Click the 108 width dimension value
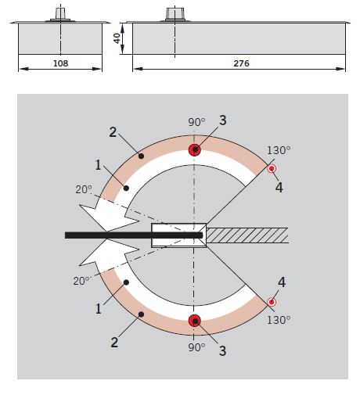coord(60,63)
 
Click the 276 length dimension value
coord(241,63)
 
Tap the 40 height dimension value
coord(117,38)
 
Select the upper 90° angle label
coord(196,122)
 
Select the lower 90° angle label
coord(196,347)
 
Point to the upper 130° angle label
coord(279,150)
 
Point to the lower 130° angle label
coord(279,320)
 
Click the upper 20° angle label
coord(84,189)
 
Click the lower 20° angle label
coord(81,281)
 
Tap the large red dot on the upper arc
coord(195,149)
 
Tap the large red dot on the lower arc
coord(195,321)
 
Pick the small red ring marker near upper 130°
coord(272,169)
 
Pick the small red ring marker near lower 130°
coord(272,302)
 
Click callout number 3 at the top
coord(222,120)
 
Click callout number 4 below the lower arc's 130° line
coord(282,282)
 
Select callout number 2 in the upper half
coord(113,132)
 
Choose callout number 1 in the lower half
coord(98,309)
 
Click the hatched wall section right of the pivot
coord(247,235)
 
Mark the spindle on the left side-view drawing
coord(60,15)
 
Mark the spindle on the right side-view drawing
coord(175,15)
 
